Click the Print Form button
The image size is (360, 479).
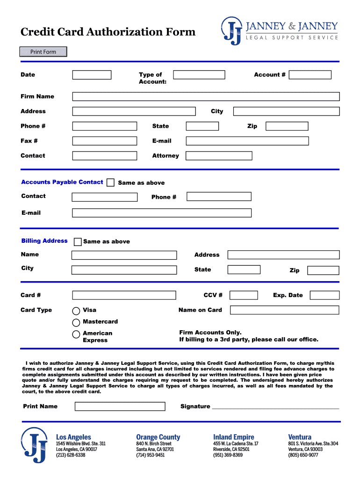pyautogui.click(x=43, y=52)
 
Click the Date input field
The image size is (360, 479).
pyautogui.click(x=92, y=75)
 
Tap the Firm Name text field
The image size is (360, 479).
pyautogui.click(x=206, y=97)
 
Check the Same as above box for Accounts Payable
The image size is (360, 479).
pyautogui.click(x=110, y=182)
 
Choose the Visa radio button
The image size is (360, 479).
pyautogui.click(x=76, y=311)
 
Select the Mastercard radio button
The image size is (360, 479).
pyautogui.click(x=76, y=322)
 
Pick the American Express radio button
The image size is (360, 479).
pyautogui.click(x=76, y=334)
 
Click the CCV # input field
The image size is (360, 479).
pyautogui.click(x=244, y=295)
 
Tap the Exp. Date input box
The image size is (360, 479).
pyautogui.click(x=324, y=295)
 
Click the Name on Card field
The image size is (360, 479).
pyautogui.click(x=285, y=310)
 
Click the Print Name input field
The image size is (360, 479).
pyautogui.click(x=120, y=406)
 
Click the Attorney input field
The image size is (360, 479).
pyautogui.click(x=219, y=156)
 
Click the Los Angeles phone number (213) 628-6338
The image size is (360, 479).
pyautogui.click(x=70, y=455)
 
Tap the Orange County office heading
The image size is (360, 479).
pyautogui.click(x=158, y=437)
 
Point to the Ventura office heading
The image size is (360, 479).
pyautogui.click(x=300, y=437)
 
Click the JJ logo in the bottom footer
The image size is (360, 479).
pyautogui.click(x=35, y=445)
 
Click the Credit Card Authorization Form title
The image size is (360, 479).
pyautogui.click(x=108, y=32)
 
